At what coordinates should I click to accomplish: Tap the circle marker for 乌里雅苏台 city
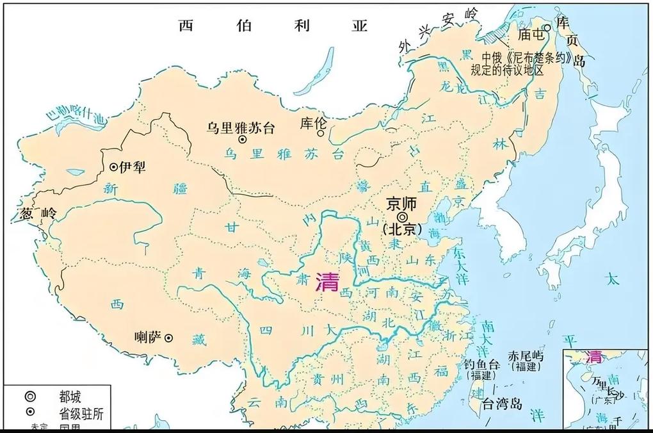pos(242,140)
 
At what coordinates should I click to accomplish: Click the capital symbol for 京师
pos(403,217)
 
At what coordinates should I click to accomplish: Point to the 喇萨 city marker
pos(168,338)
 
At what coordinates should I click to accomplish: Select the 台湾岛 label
pos(502,404)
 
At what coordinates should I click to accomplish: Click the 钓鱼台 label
pos(480,363)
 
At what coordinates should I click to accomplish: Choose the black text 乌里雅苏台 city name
pos(240,127)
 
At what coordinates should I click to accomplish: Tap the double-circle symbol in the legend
pos(31,396)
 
